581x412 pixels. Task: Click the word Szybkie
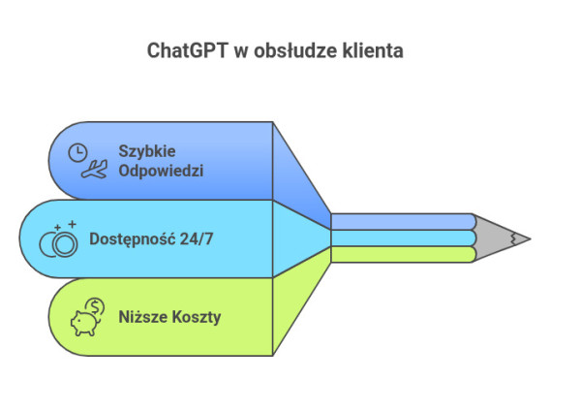146,151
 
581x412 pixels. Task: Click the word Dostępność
132,238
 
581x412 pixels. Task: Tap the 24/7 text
195,238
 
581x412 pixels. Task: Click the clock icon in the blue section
77,151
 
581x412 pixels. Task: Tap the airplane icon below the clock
94,172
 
